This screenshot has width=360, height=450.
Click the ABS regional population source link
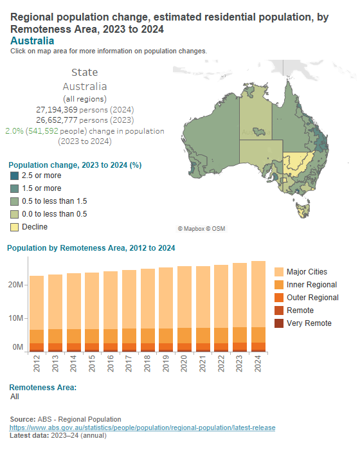click(x=142, y=428)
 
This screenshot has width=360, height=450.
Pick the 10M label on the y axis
click(x=17, y=318)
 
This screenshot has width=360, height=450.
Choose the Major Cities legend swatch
click(x=279, y=272)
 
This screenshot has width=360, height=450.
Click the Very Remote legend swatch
click(x=279, y=323)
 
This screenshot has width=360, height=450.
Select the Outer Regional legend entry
click(x=312, y=298)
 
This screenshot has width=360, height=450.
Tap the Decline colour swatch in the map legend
click(x=14, y=227)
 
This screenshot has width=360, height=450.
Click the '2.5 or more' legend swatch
click(x=14, y=175)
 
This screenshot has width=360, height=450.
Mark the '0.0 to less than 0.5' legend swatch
click(x=14, y=214)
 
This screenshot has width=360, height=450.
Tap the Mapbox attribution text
click(x=201, y=229)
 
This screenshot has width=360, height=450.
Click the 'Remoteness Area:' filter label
click(x=42, y=388)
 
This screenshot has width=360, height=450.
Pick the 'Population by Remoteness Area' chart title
click(x=91, y=248)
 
